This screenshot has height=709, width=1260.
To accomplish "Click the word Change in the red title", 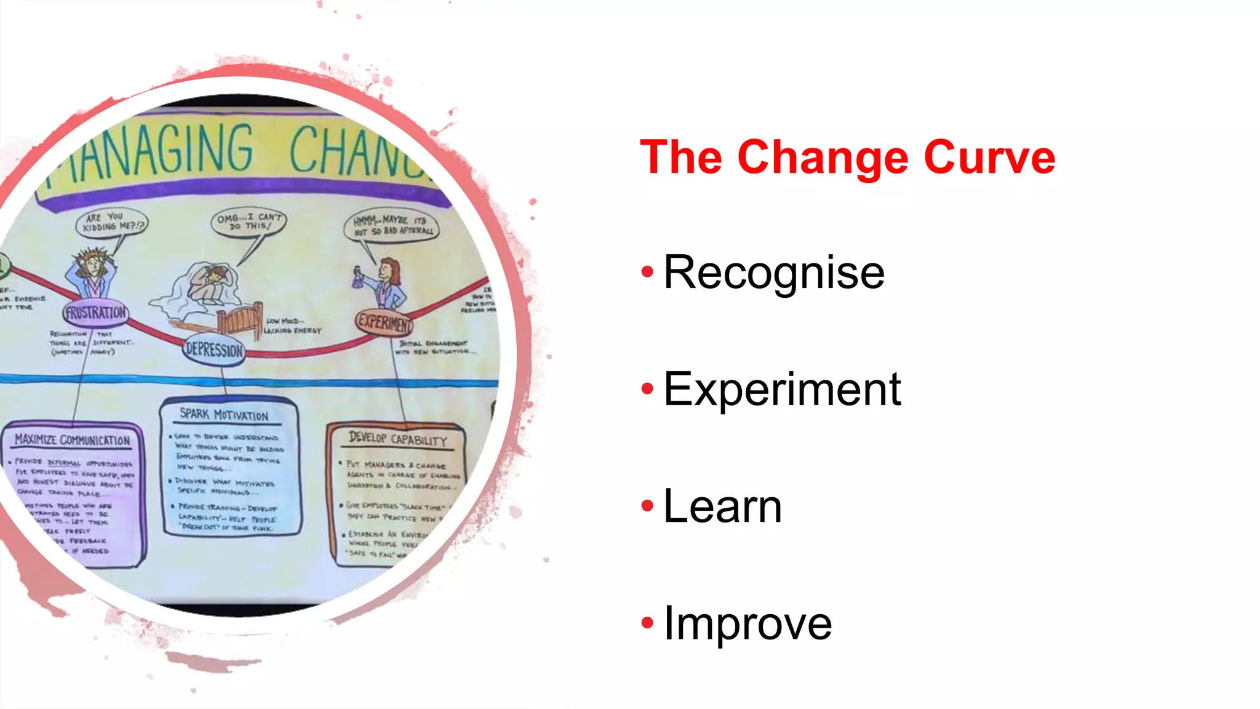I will coord(823,159).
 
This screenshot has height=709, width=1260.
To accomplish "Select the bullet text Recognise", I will coord(774,272).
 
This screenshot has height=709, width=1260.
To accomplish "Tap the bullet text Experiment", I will coord(782,390).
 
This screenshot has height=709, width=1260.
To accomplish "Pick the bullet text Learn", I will coord(722,506).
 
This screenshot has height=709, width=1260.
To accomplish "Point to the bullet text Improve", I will coord(748,623).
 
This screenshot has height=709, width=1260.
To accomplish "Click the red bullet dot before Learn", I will coord(647,506).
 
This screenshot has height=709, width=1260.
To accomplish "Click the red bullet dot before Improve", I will coord(647,623).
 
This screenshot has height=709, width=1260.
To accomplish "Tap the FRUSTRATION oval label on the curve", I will coord(96,313).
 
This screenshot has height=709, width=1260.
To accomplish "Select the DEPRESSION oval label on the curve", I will coord(214,350).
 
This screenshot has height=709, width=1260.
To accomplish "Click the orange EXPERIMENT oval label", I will coord(384,321).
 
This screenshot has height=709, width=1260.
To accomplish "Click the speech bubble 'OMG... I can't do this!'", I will coord(249,222).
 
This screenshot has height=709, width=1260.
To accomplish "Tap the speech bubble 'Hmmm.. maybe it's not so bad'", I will coord(392,226).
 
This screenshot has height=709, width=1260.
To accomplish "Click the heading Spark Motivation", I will coord(224,415).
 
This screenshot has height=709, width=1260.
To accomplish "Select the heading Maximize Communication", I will coord(73,440).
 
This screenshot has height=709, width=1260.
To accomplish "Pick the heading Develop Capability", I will coord(397,439).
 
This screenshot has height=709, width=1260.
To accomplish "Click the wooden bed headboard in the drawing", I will coord(241,318).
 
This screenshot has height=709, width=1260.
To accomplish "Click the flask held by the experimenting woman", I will coord(357,279).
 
